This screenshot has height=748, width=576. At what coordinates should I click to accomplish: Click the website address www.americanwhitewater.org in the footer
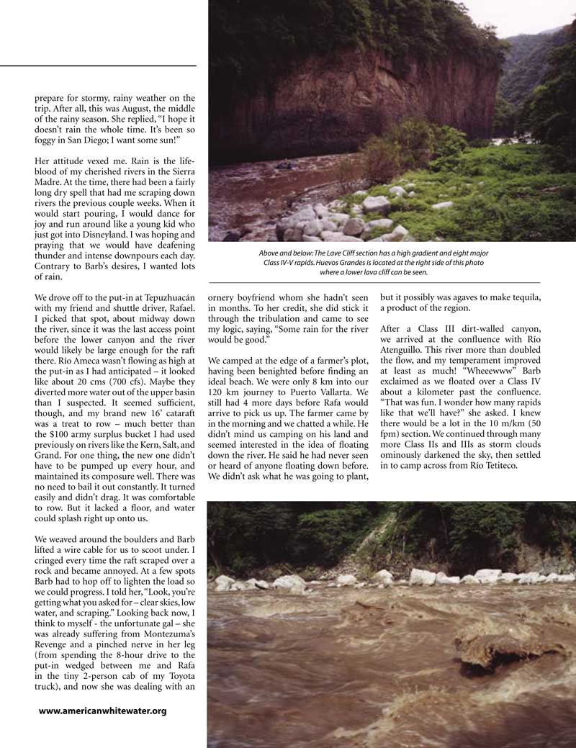102,711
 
